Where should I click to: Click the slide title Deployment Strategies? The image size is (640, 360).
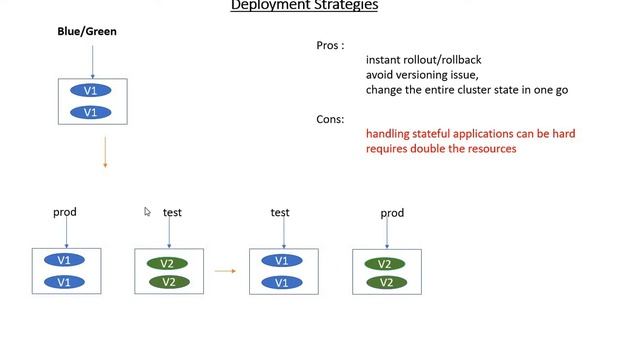(304, 5)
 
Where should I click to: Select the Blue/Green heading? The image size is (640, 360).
(87, 32)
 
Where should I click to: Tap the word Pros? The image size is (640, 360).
(330, 46)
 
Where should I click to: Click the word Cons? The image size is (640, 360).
(330, 119)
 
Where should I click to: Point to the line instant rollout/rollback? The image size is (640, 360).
(424, 60)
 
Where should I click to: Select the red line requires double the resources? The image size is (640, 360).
(441, 148)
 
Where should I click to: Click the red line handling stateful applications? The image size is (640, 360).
(470, 133)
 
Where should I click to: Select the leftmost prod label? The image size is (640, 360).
(65, 212)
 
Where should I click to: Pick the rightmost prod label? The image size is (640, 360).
(392, 213)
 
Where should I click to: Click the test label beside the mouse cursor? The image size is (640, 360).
(172, 213)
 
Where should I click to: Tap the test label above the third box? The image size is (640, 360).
(280, 212)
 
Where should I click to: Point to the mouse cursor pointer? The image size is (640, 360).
(147, 211)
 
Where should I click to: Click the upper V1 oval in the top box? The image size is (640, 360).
(91, 91)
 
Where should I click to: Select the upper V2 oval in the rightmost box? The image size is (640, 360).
(385, 264)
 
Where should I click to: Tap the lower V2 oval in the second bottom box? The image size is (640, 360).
(168, 282)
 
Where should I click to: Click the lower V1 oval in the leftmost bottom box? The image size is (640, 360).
(65, 282)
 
